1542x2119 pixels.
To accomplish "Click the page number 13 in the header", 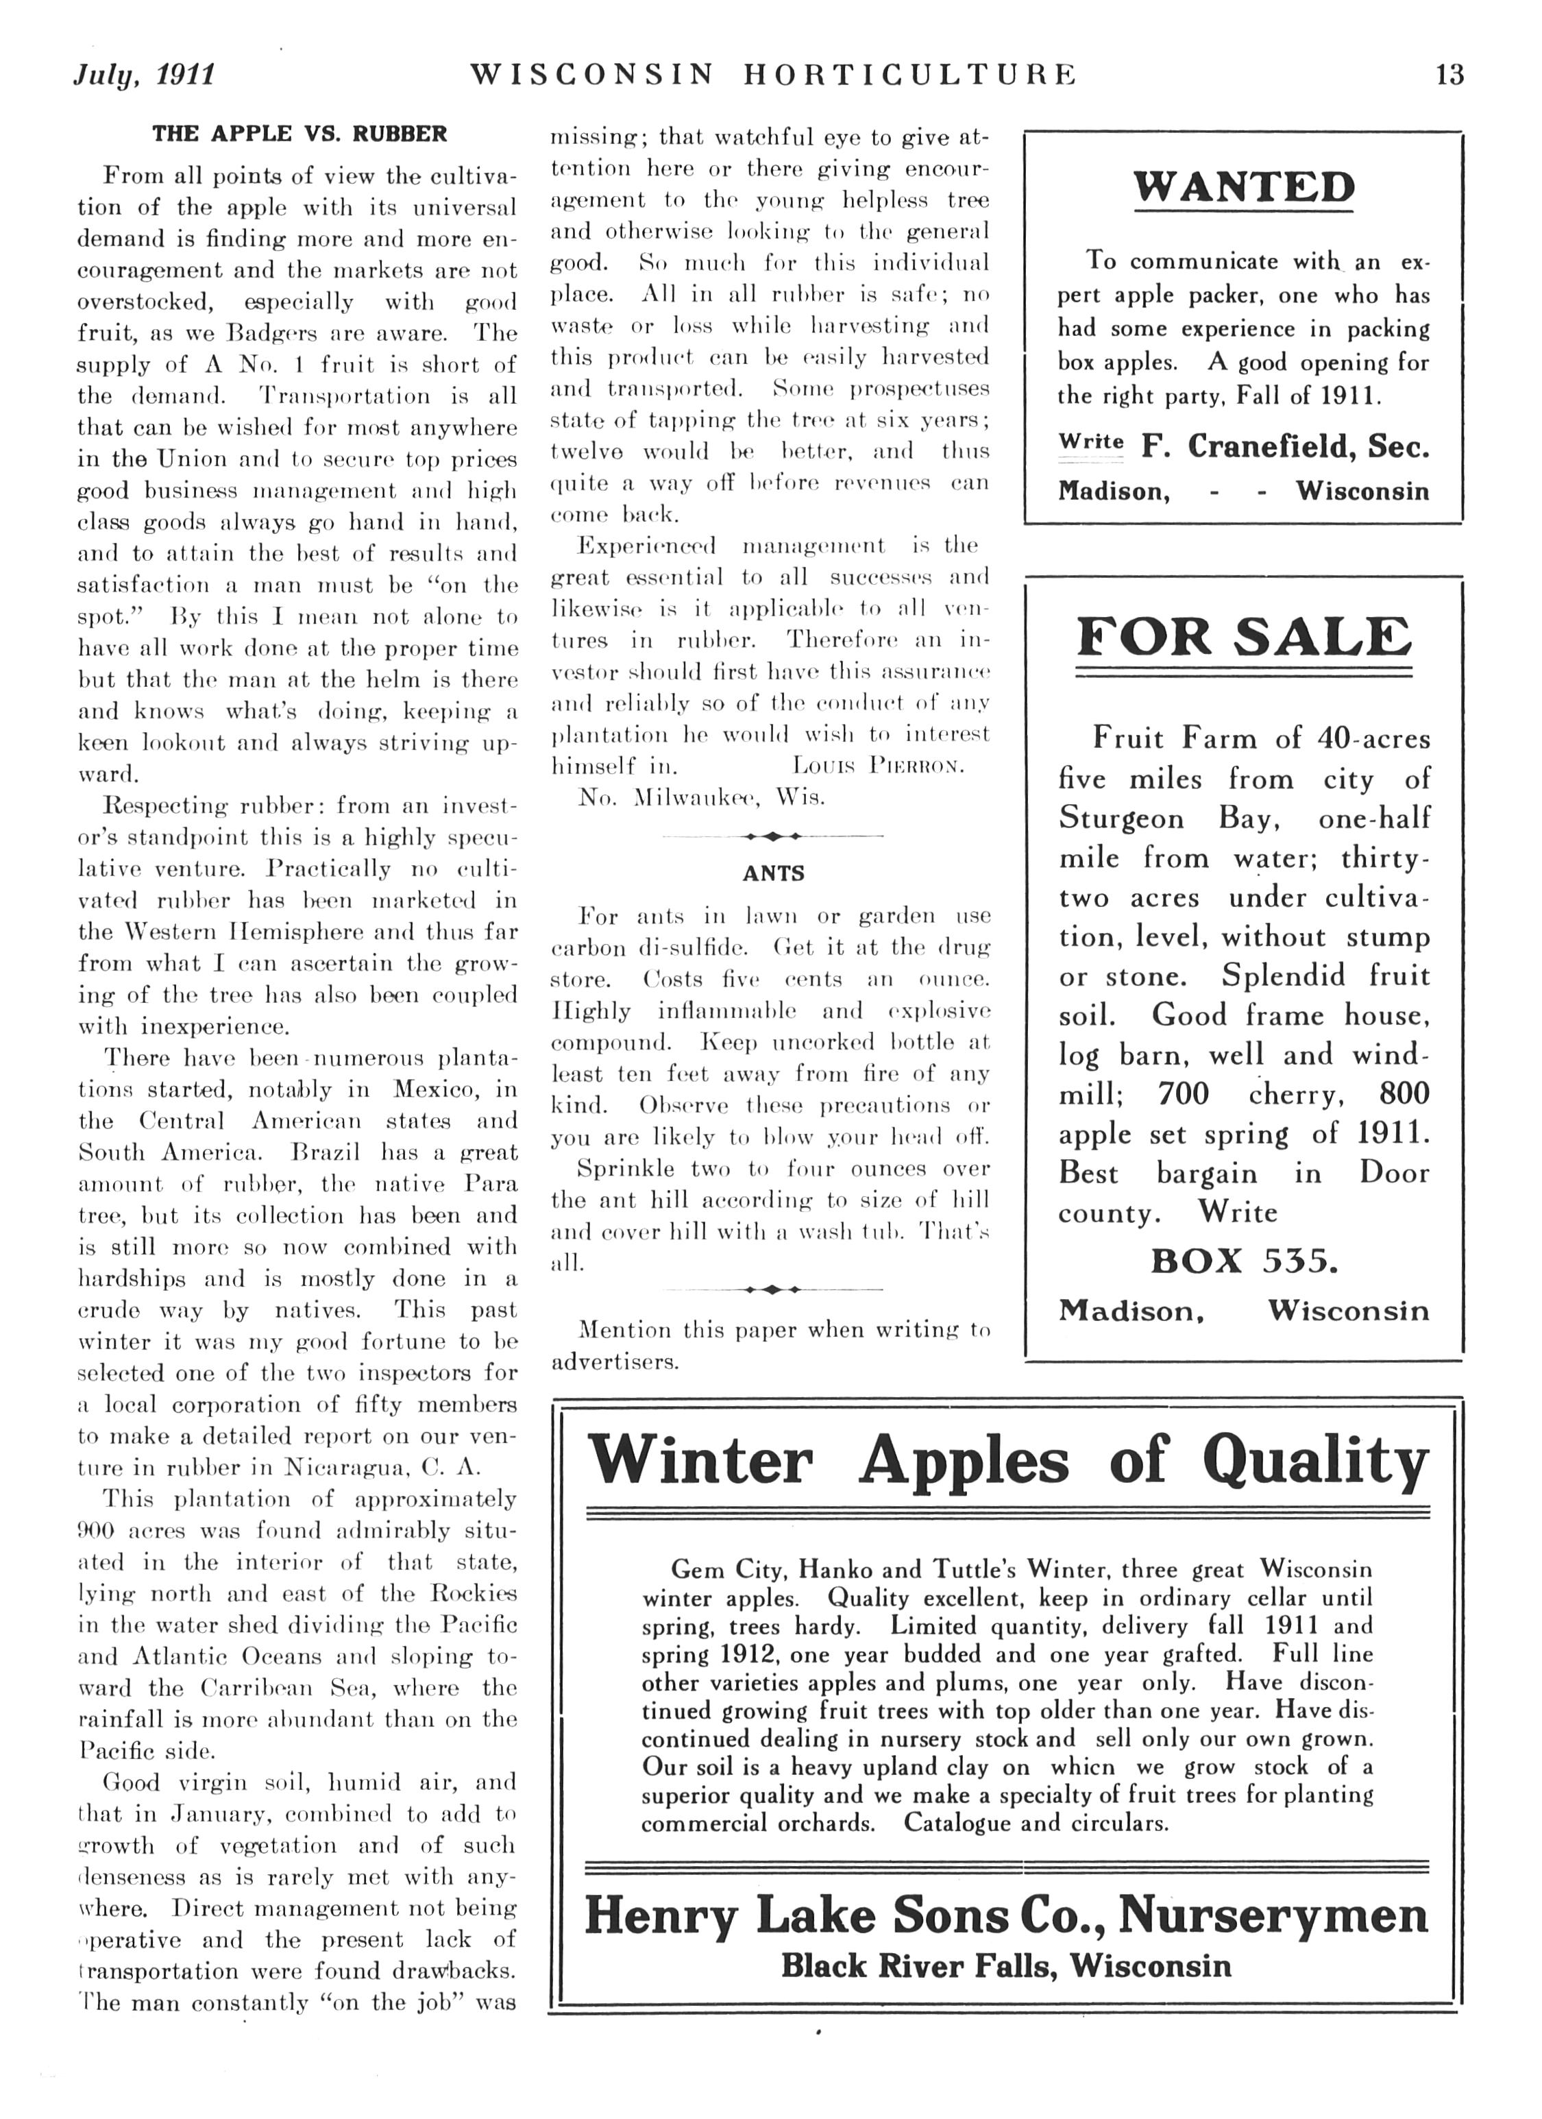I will pos(1449,74).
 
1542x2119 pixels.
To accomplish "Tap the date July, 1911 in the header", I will pos(145,75).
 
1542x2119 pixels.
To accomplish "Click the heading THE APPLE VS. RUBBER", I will pos(299,134).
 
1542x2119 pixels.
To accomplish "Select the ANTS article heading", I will pos(773,873).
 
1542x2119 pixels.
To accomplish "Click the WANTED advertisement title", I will pos(1243,187).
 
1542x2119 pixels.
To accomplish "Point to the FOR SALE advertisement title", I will pos(1243,637).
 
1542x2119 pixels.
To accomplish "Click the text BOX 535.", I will pos(1244,1261).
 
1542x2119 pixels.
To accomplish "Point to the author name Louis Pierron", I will pos(877,766).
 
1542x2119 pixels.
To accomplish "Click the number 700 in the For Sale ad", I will pos(1184,1094).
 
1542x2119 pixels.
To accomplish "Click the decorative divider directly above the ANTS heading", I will pos(772,835).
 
